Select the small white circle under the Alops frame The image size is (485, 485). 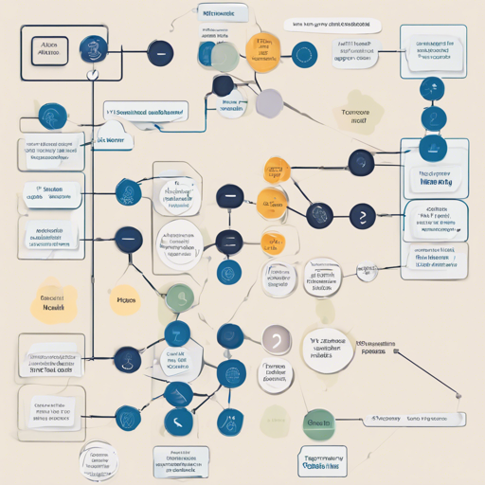[x=92, y=74]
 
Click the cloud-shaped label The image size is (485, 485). [x=113, y=140]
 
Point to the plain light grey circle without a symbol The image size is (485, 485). [x=269, y=101]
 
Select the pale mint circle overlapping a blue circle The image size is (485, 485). [x=225, y=57]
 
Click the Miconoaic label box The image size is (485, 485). [x=224, y=12]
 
